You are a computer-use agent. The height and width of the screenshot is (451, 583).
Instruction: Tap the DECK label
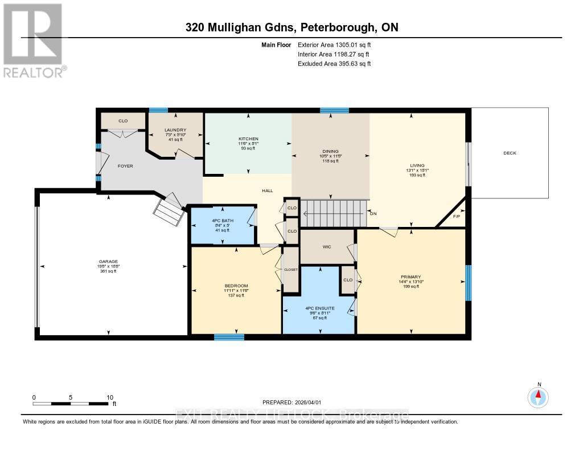510,153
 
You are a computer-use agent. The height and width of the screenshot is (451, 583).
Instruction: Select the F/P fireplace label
456,217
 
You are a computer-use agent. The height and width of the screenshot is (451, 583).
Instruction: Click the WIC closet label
327,247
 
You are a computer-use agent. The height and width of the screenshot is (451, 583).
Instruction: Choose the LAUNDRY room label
175,130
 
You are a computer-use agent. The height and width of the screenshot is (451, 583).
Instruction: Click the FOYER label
125,166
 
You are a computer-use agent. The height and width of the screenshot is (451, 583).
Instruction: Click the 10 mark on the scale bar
109,397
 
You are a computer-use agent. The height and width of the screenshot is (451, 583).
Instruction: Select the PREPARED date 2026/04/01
295,402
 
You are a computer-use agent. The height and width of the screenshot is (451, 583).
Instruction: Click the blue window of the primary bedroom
469,283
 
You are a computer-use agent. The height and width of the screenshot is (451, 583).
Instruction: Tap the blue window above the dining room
334,110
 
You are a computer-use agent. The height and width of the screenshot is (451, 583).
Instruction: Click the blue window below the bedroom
229,337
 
